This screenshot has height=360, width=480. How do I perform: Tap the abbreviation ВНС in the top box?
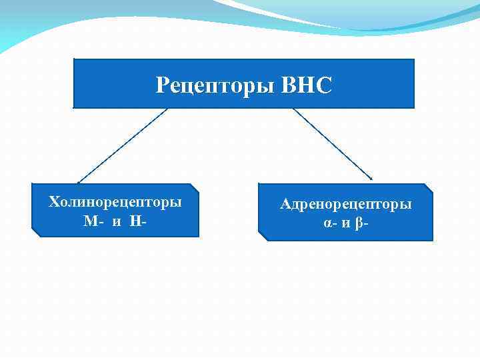[x=307, y=86]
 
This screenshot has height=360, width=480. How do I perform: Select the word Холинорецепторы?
[x=115, y=202]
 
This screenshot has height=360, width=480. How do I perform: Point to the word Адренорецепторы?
[x=345, y=205]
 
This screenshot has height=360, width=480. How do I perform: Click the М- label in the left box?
[x=93, y=221]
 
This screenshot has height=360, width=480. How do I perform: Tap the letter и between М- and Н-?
[x=117, y=221]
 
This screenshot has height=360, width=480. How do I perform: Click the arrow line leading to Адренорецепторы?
[x=331, y=143]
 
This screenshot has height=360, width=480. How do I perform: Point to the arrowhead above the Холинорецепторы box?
[x=79, y=181]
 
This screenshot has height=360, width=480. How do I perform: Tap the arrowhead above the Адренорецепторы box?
[x=370, y=178]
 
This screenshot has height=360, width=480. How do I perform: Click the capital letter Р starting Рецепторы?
[x=162, y=86]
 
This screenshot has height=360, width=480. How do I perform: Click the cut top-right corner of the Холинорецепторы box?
[x=195, y=187]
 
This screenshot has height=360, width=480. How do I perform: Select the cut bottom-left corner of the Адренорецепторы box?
[x=262, y=237]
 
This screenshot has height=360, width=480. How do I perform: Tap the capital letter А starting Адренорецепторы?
[x=285, y=205]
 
